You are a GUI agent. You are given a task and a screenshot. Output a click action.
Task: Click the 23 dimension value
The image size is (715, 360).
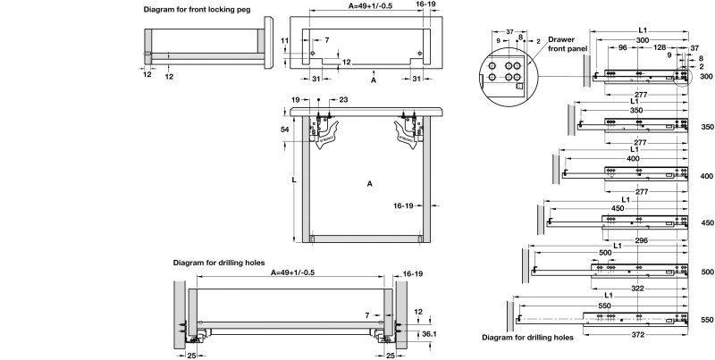click(x=344, y=100)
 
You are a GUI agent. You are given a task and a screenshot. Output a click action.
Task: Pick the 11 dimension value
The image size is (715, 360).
click(x=284, y=40)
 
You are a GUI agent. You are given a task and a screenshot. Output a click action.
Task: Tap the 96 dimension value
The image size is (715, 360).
click(x=621, y=47)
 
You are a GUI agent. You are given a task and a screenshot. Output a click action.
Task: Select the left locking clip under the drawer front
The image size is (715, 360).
click(x=325, y=130)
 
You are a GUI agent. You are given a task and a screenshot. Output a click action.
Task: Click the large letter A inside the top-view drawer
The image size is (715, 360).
click(x=368, y=183)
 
